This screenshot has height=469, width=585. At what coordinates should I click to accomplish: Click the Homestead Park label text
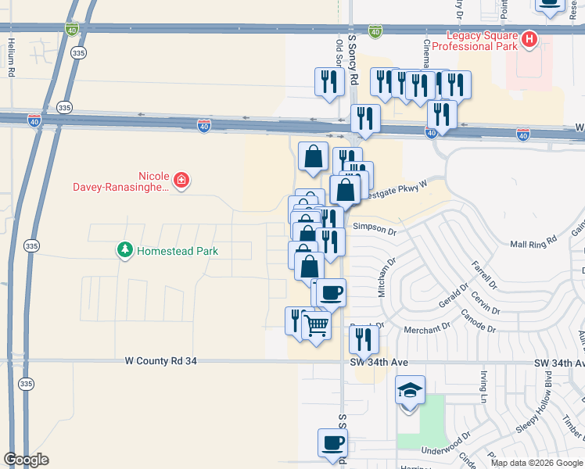pos(178,251)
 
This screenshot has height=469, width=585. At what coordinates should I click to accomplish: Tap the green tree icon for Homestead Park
pos(124,250)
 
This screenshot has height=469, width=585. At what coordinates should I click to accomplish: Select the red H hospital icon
pos(530,38)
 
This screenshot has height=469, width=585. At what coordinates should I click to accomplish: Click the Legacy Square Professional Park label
pos(481,41)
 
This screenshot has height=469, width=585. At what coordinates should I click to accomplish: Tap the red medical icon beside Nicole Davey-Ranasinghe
pos(181,181)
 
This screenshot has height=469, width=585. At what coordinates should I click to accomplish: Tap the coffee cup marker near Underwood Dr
pos(332,442)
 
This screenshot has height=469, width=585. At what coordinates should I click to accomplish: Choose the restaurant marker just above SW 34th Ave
pos(364,338)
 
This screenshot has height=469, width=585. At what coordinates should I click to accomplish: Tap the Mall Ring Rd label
pos(532,242)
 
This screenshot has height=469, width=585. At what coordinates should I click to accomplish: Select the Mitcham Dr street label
pos(383,278)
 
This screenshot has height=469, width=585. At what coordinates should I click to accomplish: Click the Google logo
pos(26,460)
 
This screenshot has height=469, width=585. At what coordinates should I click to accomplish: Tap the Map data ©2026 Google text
pos(537,463)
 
